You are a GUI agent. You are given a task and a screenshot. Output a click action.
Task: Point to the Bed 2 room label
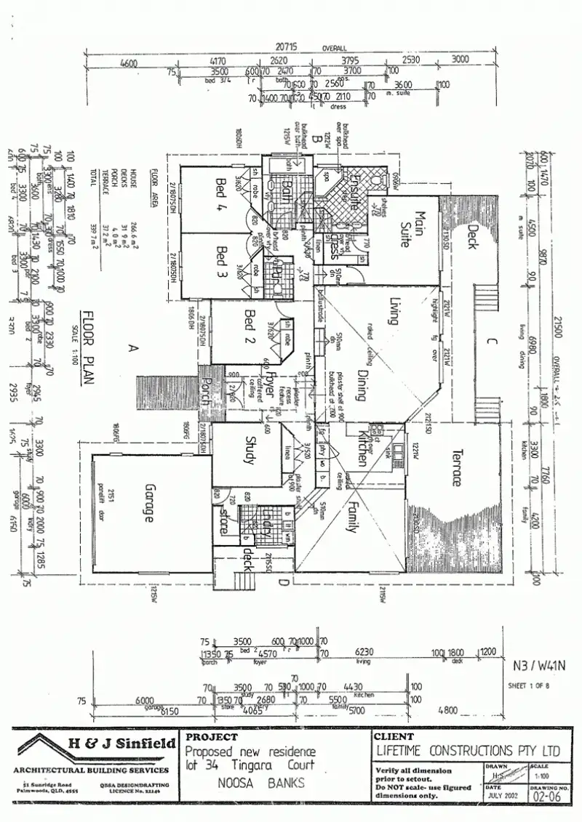point(250,326)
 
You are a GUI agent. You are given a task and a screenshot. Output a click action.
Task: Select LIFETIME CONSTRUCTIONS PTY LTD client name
point(469,750)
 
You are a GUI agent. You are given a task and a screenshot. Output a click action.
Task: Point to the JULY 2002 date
point(504,796)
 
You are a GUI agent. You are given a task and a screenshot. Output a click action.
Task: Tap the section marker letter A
point(132,349)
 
